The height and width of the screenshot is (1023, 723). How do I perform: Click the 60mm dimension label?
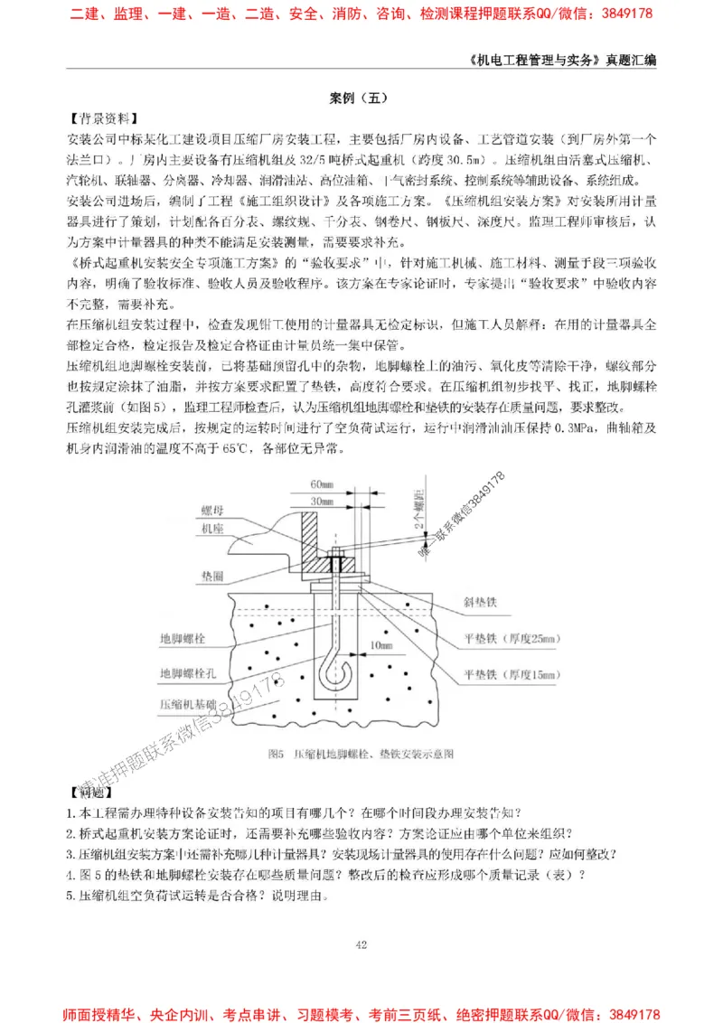(x=321, y=483)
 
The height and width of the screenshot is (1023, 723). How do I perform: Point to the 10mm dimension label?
(x=381, y=644)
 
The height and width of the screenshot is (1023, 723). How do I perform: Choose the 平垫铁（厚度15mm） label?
(x=511, y=674)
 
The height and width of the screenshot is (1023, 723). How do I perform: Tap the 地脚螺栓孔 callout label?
(x=188, y=673)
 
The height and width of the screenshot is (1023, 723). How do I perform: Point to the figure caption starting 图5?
(x=361, y=753)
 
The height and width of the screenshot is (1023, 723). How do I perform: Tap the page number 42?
(x=361, y=944)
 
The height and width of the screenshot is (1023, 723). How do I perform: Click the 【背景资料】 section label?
(x=103, y=117)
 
